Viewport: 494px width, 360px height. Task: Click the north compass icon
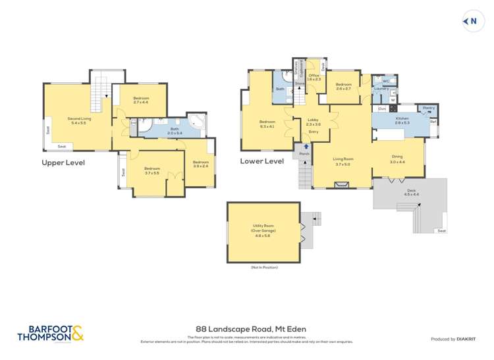click(x=471, y=22)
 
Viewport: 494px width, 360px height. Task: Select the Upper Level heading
click(x=63, y=163)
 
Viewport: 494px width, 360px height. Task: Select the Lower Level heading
click(x=261, y=161)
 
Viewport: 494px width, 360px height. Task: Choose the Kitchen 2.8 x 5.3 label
click(x=402, y=120)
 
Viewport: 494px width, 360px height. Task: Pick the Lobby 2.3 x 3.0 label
click(x=314, y=122)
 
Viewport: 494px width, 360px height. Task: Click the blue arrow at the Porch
click(x=304, y=147)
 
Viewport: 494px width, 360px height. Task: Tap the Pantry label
click(x=428, y=108)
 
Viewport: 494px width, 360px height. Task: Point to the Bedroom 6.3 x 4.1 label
click(x=267, y=123)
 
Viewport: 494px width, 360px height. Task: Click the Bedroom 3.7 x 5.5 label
click(x=152, y=170)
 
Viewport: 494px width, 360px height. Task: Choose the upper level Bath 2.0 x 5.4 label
click(x=175, y=130)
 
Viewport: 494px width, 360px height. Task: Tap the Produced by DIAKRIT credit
click(x=453, y=339)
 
